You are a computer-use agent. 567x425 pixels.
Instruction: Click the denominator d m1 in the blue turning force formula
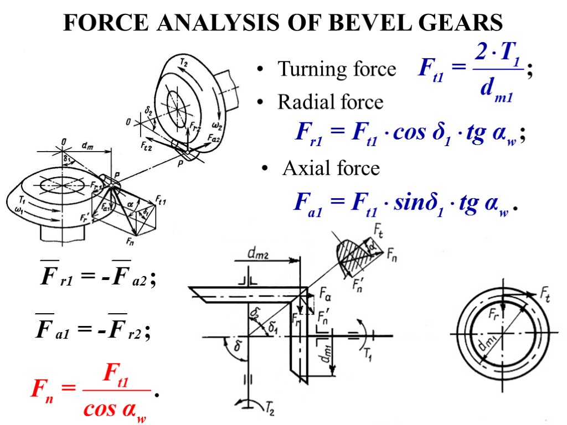tap(494, 92)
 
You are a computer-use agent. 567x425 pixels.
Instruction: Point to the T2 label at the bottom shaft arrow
tap(270, 410)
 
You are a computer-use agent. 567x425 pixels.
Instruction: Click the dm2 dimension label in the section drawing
tap(259, 255)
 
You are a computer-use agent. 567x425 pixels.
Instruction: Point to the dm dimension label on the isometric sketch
tap(88, 146)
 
